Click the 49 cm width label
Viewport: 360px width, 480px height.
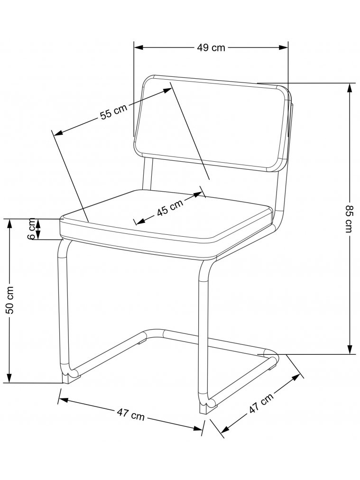point(211,47)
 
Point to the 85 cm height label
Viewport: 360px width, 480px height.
point(350,218)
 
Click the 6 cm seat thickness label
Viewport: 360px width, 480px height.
point(32,229)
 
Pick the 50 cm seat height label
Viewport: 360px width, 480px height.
point(9,300)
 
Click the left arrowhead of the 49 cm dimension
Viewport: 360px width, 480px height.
point(138,47)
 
